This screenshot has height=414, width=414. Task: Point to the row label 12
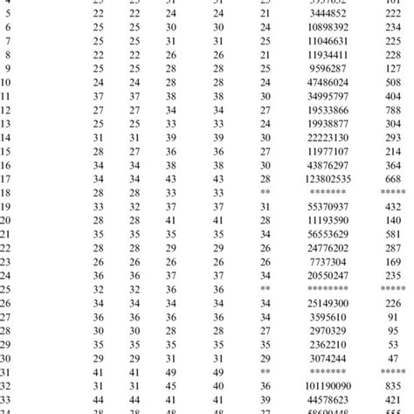(7, 110)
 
